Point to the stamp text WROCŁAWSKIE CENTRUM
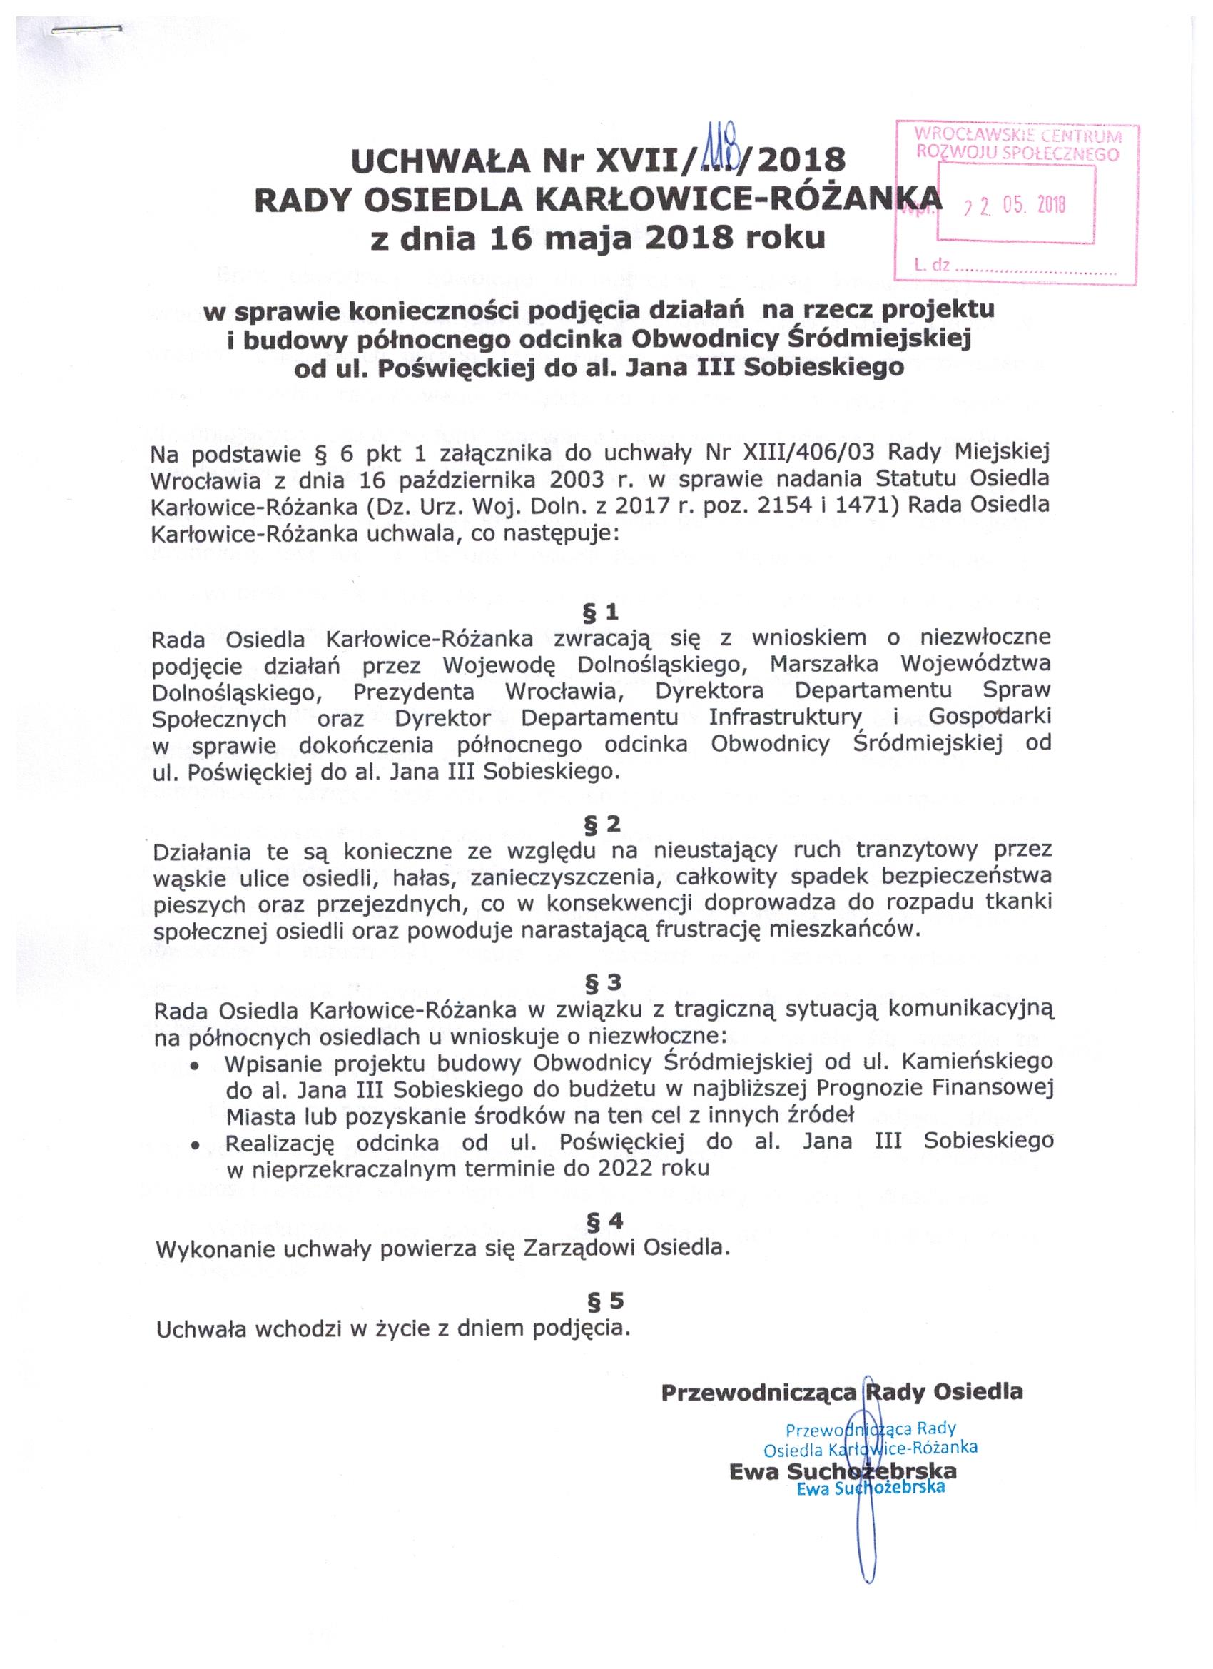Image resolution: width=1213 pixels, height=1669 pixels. [x=1017, y=136]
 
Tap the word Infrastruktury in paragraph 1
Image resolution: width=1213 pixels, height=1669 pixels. [x=784, y=717]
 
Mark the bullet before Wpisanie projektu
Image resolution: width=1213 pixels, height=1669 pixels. [x=195, y=1067]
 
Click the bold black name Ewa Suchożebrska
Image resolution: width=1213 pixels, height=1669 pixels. [x=842, y=1472]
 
